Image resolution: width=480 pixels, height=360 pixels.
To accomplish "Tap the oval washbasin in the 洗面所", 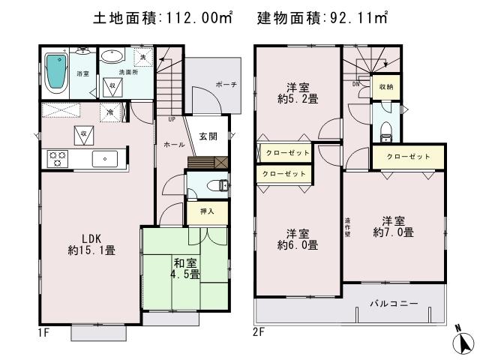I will point(113,58).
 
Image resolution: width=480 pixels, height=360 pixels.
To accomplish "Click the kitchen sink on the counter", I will point(103,158).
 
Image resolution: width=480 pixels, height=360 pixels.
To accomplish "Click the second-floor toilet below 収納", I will point(386,132).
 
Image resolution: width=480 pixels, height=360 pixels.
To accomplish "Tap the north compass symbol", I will point(464,341).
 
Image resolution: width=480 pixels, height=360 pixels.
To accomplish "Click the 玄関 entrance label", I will point(208,136).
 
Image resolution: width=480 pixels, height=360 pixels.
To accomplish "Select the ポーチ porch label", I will point(223,85).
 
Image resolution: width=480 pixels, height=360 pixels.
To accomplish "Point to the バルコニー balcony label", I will point(393,303).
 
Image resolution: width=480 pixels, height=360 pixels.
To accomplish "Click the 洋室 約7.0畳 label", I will point(392,226).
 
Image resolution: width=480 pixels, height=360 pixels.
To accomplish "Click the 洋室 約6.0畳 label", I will point(297,238).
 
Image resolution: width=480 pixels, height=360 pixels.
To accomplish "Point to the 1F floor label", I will point(44,330).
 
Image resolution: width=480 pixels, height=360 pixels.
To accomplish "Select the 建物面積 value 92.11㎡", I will point(357,17).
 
